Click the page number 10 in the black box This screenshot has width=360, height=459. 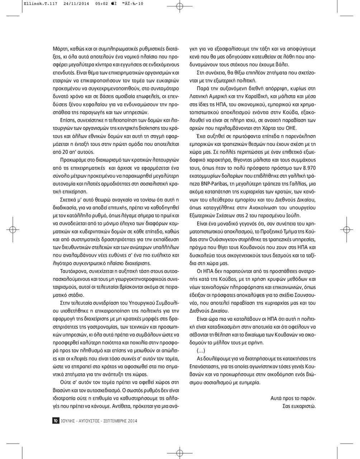(56, 421)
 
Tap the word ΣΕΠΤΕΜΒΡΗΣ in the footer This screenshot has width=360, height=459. (113, 421)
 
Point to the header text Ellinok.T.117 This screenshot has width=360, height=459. (35, 4)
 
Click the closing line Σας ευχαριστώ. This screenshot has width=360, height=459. (299, 406)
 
